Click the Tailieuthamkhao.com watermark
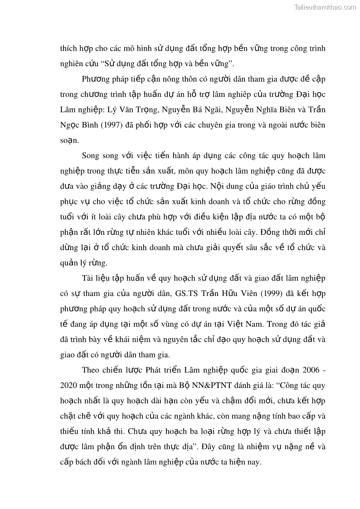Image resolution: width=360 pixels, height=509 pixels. point(325,7)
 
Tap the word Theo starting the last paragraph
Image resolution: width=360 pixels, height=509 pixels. point(91,370)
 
